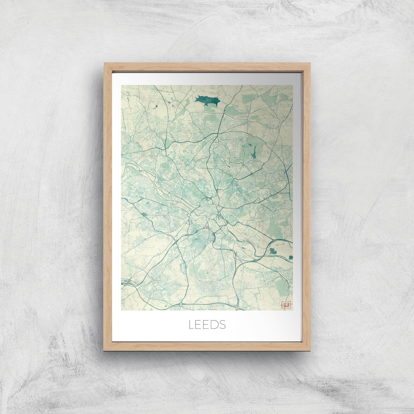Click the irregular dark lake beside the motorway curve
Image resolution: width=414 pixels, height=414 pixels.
click(x=272, y=250)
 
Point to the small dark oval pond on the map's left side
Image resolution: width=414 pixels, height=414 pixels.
click(x=143, y=214)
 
